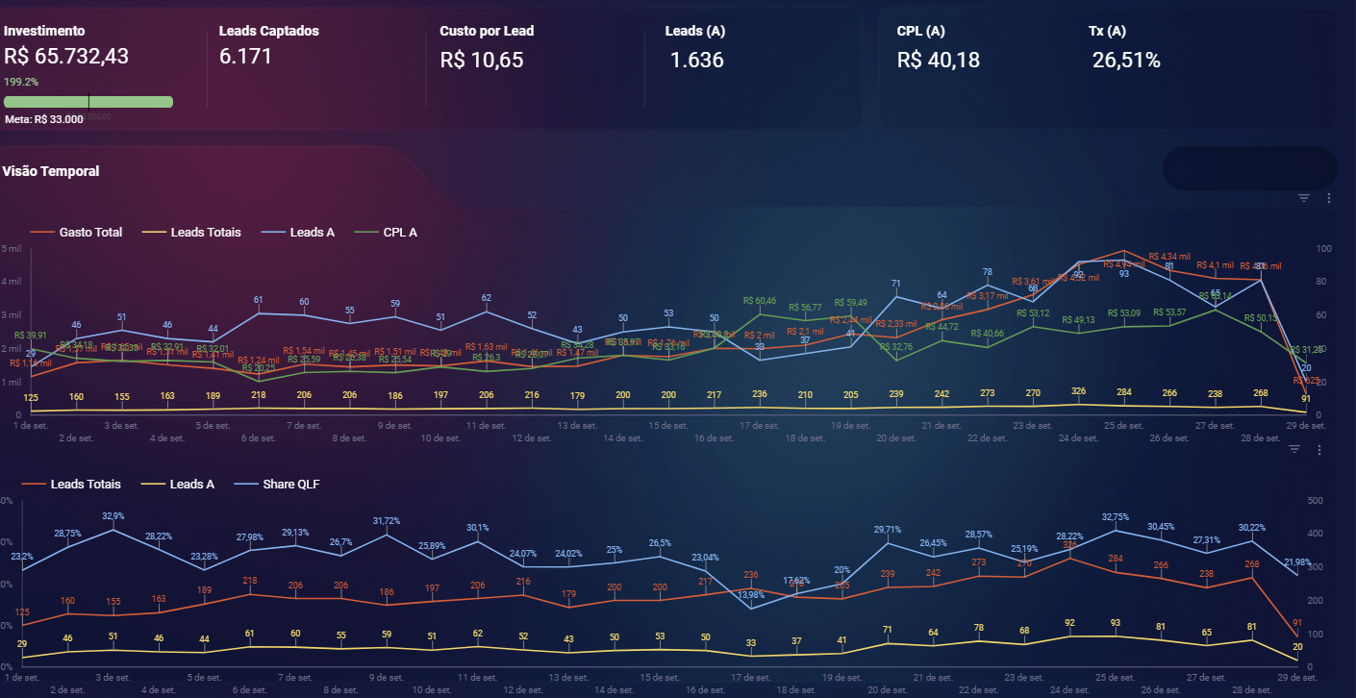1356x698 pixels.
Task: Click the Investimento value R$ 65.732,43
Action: [66, 57]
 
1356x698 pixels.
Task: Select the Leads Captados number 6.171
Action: [246, 57]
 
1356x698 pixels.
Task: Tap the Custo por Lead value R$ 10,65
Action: [482, 61]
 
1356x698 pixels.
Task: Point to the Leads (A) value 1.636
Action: [697, 61]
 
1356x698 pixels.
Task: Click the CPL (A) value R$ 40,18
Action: [939, 61]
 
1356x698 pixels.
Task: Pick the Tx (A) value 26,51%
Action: [1126, 61]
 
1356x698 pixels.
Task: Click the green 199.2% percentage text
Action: [21, 82]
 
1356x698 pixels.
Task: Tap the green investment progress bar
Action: [88, 101]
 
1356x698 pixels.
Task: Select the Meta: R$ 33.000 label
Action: [44, 119]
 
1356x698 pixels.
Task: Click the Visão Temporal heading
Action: [51, 171]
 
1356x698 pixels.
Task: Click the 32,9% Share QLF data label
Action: [113, 516]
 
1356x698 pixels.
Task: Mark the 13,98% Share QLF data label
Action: [751, 595]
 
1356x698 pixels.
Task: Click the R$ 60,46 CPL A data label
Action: [760, 301]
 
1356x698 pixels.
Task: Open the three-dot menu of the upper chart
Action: [1328, 198]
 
